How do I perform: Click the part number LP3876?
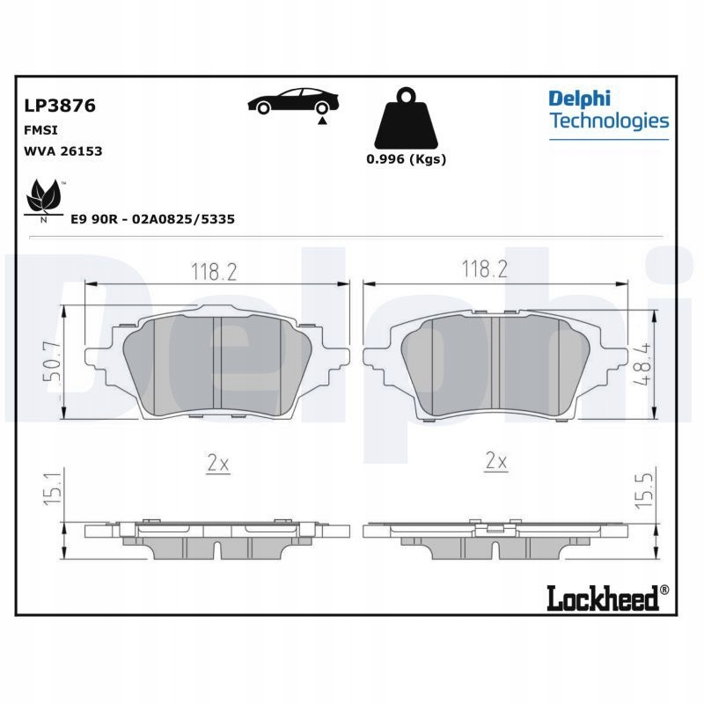(60, 106)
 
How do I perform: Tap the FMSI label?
(40, 130)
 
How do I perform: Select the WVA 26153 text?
(62, 151)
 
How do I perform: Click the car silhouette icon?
(293, 101)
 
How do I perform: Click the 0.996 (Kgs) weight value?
(407, 159)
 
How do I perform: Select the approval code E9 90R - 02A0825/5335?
(153, 219)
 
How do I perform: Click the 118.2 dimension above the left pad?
(214, 272)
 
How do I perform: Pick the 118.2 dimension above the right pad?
(485, 269)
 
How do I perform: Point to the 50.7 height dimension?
(52, 361)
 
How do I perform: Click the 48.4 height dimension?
(642, 363)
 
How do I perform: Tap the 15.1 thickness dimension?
(53, 488)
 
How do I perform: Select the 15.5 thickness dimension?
(643, 491)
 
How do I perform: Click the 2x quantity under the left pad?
(218, 464)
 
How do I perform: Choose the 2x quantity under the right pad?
(496, 461)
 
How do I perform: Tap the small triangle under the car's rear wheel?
(322, 121)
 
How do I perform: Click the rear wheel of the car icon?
(321, 108)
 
